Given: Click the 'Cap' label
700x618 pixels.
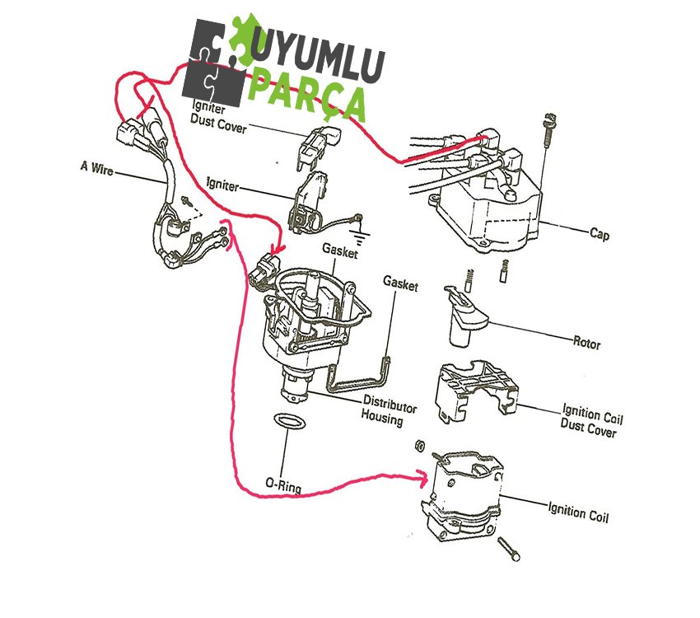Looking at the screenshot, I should click(599, 234).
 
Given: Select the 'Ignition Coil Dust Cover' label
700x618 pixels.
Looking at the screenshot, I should click(587, 419).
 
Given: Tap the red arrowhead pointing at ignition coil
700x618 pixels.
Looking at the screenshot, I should click(422, 476).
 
